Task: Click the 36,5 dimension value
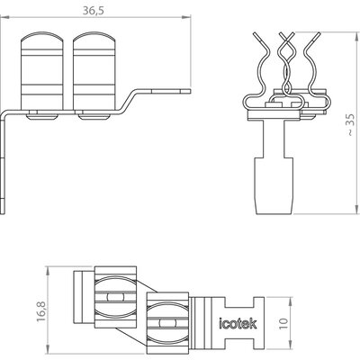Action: [94, 11]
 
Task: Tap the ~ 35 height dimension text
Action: [351, 125]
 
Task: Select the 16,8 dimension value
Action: [41, 311]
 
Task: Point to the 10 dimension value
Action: [284, 323]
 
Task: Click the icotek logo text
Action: [238, 323]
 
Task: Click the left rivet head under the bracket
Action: [42, 116]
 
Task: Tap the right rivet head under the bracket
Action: [94, 116]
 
